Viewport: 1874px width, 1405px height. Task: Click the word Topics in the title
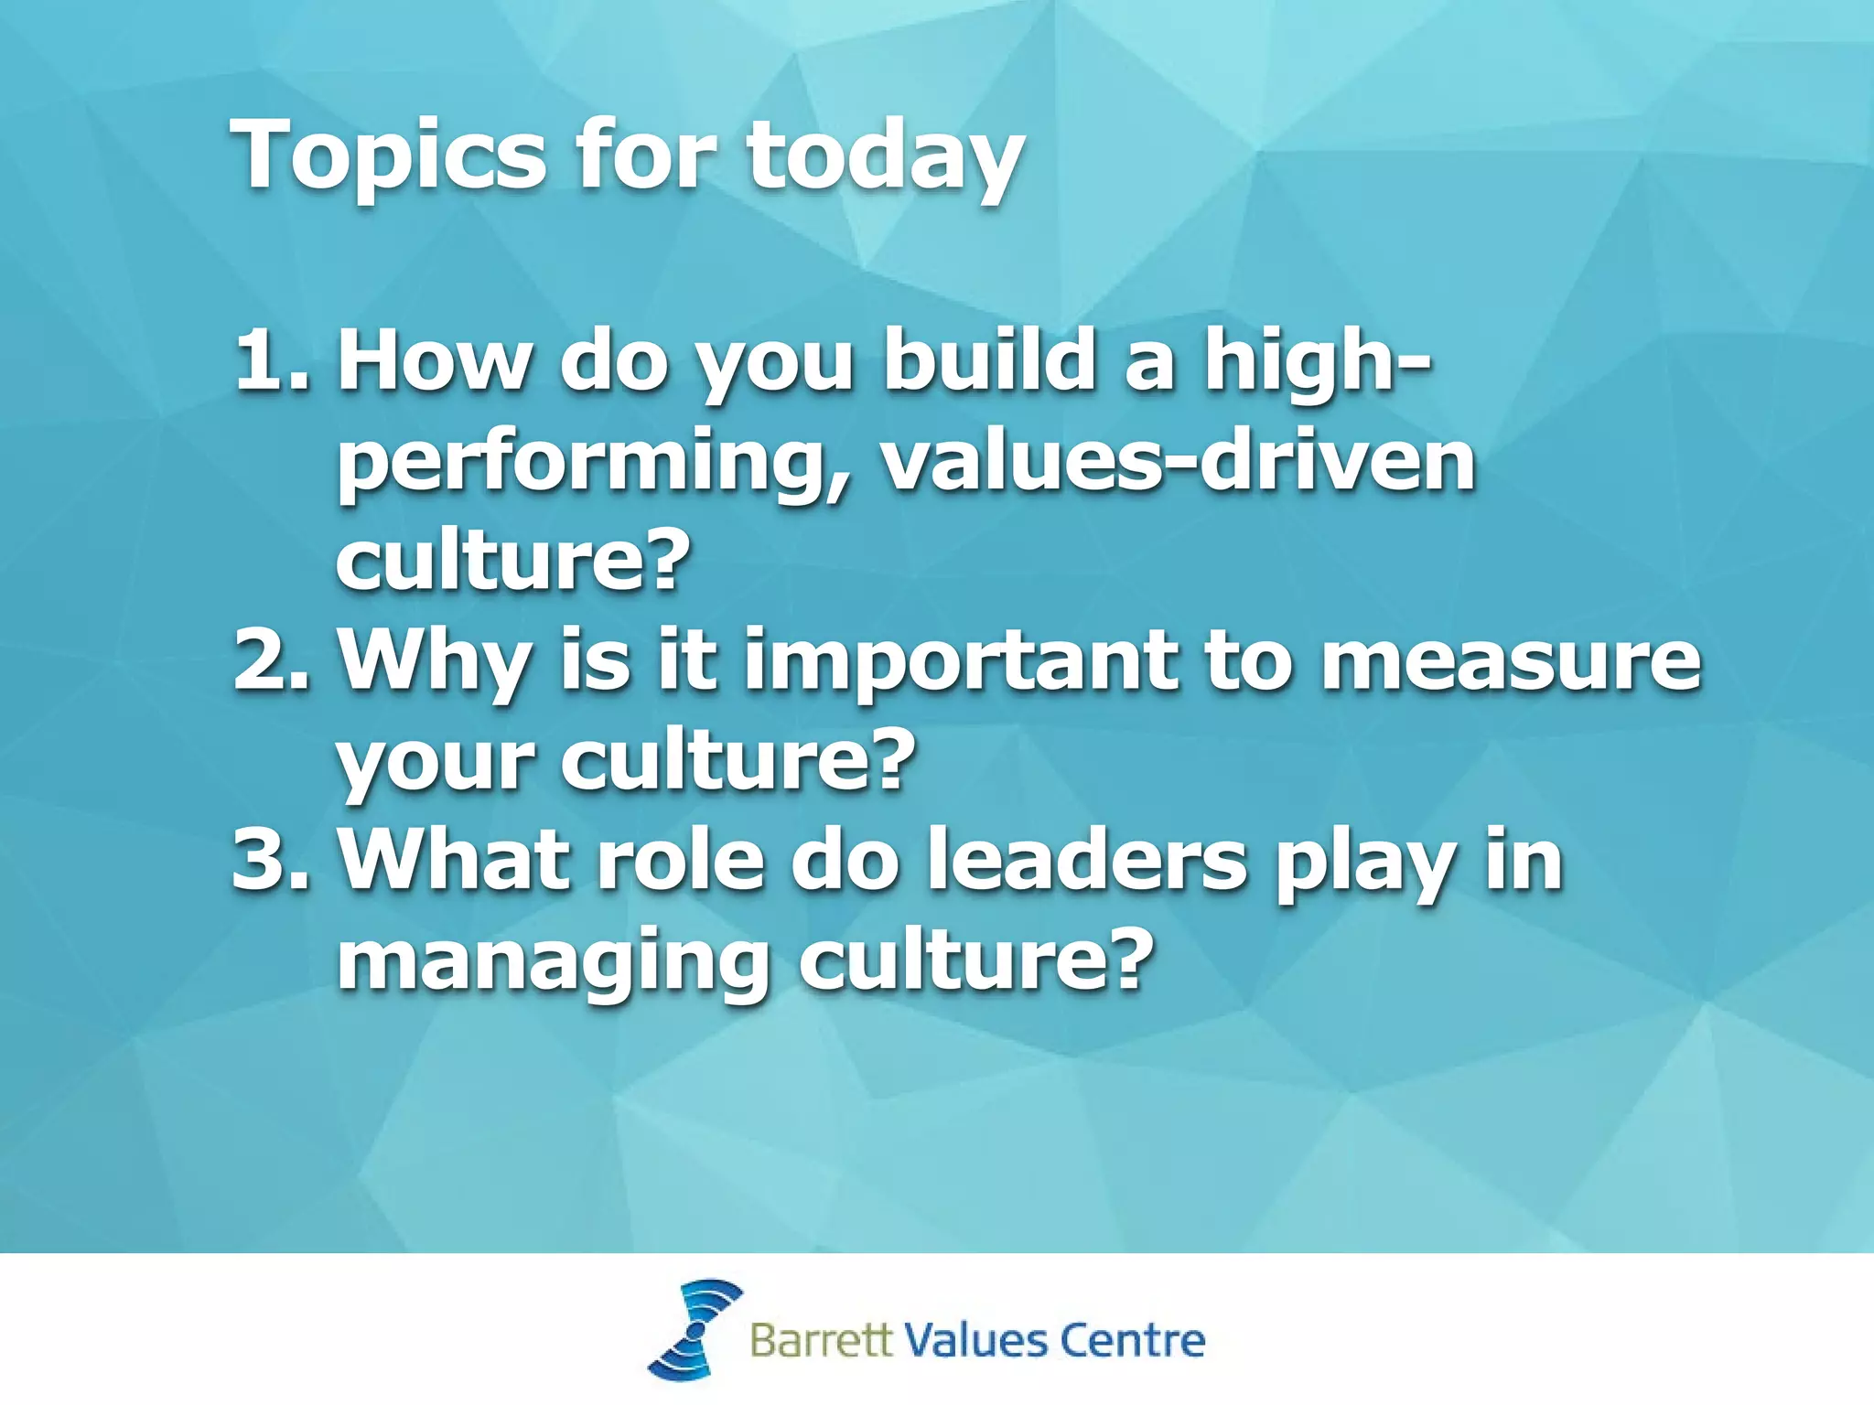point(390,156)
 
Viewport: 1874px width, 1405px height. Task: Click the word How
point(434,360)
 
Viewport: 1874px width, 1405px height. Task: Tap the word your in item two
point(434,763)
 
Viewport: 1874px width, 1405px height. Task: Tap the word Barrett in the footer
point(820,1340)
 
